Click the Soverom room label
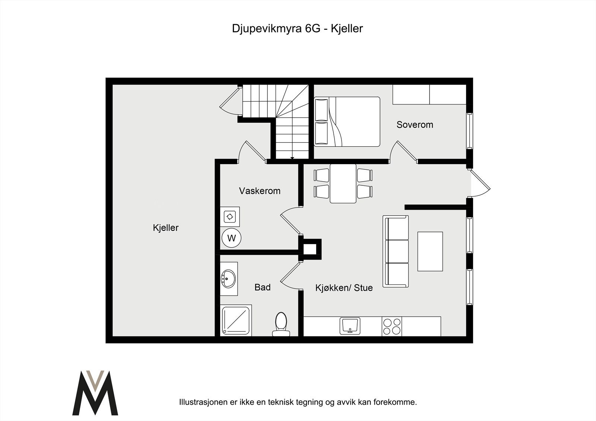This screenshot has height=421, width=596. point(415,125)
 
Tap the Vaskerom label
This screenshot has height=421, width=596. point(260,191)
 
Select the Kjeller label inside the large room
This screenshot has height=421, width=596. point(166,227)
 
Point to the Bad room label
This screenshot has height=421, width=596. point(262,287)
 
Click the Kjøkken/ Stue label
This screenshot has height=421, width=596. point(344,288)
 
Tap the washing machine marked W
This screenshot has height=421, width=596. point(231,238)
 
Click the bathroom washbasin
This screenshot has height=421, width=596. point(229,278)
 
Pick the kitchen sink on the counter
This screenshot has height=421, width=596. point(349,326)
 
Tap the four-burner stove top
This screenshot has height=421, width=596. point(392,326)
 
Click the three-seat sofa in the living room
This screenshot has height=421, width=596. point(396,251)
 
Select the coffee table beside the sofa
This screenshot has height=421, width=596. point(430,251)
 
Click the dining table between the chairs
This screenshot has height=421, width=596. point(343,184)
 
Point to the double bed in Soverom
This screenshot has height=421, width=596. point(347,121)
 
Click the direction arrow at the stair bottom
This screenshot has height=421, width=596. point(292,158)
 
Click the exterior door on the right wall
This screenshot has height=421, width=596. point(480,184)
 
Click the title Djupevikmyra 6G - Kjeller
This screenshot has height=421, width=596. point(297,29)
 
